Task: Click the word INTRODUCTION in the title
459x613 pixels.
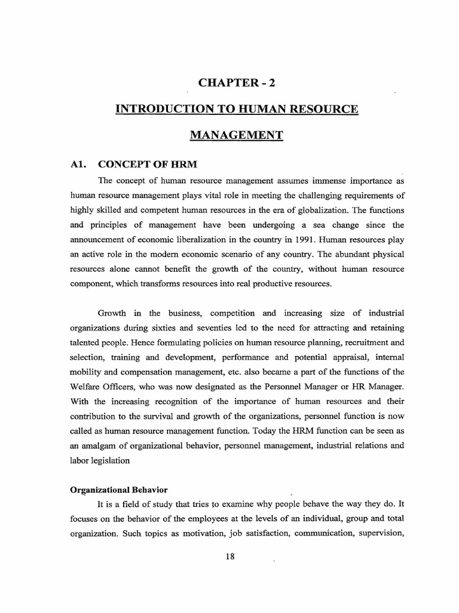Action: click(154, 109)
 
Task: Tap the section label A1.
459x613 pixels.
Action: click(79, 165)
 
